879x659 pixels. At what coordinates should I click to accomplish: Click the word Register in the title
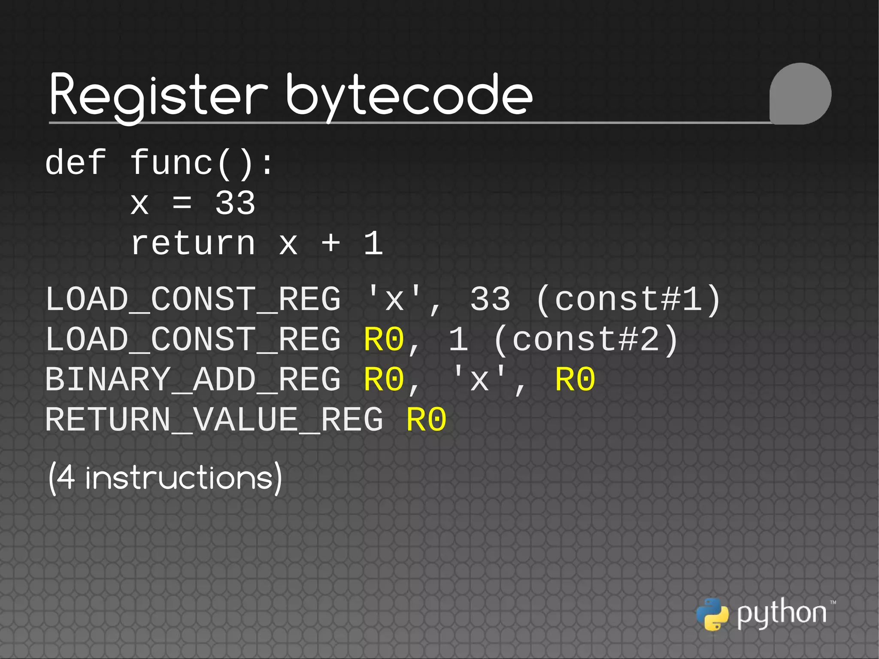coord(158,95)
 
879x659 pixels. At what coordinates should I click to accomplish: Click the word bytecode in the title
coord(409,95)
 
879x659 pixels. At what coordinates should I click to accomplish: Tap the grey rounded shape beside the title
coord(800,94)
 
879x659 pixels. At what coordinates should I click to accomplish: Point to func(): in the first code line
coord(202,163)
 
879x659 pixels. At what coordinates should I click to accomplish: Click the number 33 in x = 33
coord(235,203)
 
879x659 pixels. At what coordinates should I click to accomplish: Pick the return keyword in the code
coord(193,243)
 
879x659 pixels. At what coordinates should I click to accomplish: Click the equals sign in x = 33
coord(182,203)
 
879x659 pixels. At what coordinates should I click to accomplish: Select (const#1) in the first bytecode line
coord(628,299)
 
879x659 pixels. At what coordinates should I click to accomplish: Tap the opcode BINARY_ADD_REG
coord(193,380)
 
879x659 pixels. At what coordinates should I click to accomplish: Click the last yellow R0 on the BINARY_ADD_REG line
coord(575,380)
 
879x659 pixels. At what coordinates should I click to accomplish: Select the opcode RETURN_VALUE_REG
coord(214,420)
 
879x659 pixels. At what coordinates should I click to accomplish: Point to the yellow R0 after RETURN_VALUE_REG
coord(426,420)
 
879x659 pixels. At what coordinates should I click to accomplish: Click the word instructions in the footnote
coord(179,478)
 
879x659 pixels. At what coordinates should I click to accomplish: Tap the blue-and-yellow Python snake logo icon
coord(712,614)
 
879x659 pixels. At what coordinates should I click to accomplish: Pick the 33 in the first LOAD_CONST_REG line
coord(490,299)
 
